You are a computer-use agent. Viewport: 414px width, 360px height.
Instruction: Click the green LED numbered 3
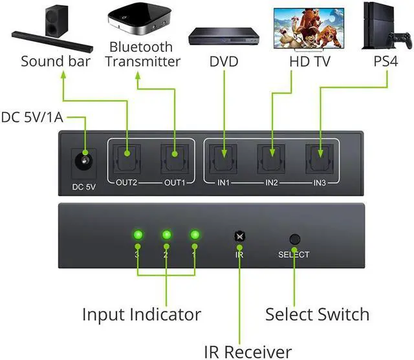coord(137,235)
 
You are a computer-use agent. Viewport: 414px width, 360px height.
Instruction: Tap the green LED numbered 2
coord(166,235)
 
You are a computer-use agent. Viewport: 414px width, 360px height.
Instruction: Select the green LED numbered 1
coord(195,235)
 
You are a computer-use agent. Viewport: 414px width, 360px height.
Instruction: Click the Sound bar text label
coord(55,62)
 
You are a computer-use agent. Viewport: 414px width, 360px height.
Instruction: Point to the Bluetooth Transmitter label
coord(142,55)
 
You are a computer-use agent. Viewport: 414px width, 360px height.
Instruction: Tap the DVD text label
coord(224,63)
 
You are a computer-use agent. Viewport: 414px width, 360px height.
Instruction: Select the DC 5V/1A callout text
coord(32,118)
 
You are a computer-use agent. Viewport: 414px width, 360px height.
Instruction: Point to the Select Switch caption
coord(318,315)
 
